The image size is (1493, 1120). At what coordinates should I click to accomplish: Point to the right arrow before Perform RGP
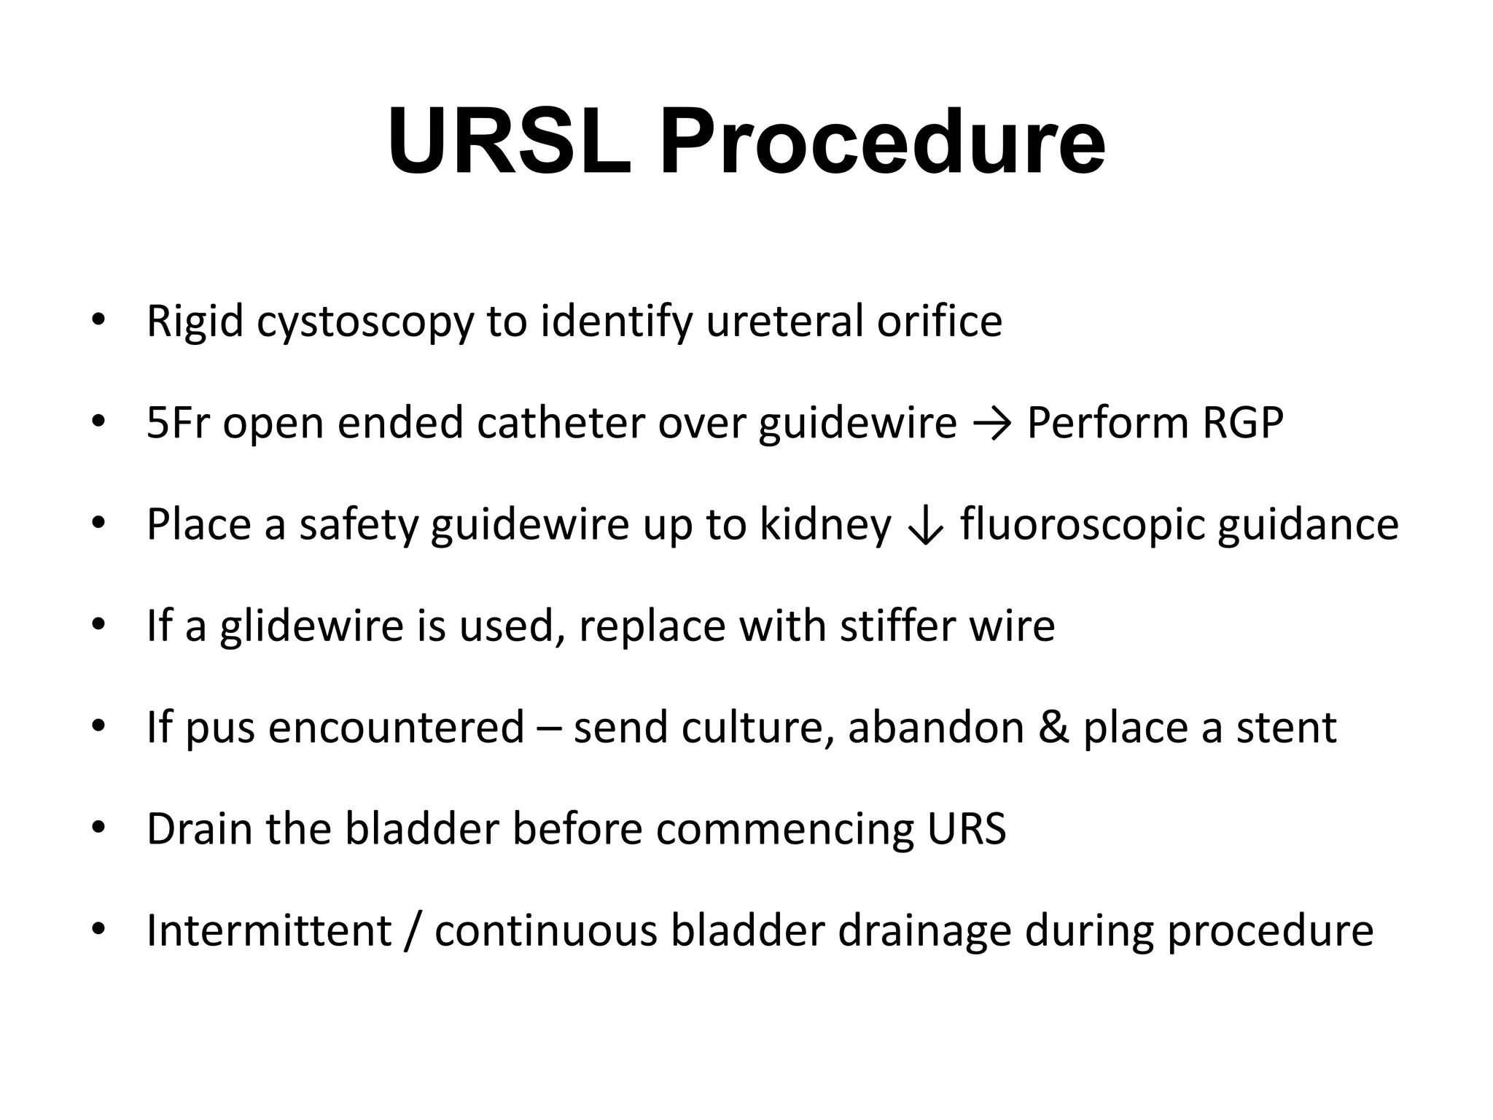pos(991,424)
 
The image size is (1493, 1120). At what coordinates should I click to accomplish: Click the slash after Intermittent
pos(413,930)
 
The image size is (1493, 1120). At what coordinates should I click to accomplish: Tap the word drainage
pos(924,932)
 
